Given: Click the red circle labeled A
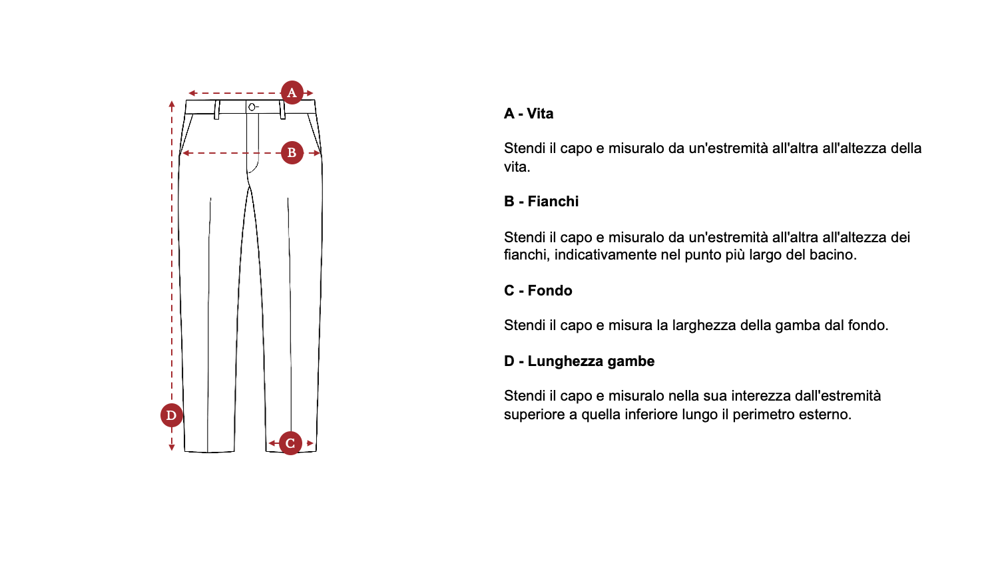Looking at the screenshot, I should [x=292, y=93].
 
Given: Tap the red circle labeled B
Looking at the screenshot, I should [x=292, y=153].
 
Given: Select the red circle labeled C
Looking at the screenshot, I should [x=290, y=443].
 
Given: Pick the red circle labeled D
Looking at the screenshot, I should [x=172, y=415].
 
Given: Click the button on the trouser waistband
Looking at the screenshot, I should [x=252, y=107].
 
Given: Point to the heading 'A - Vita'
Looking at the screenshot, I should [x=529, y=114].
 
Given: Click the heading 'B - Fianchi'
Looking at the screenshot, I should [x=541, y=202].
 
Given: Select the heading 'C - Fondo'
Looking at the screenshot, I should [x=538, y=291].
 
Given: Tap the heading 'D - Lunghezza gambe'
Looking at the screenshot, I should [x=579, y=361].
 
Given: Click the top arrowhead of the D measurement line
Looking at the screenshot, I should [x=172, y=104].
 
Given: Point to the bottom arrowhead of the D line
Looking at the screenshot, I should [x=172, y=447].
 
